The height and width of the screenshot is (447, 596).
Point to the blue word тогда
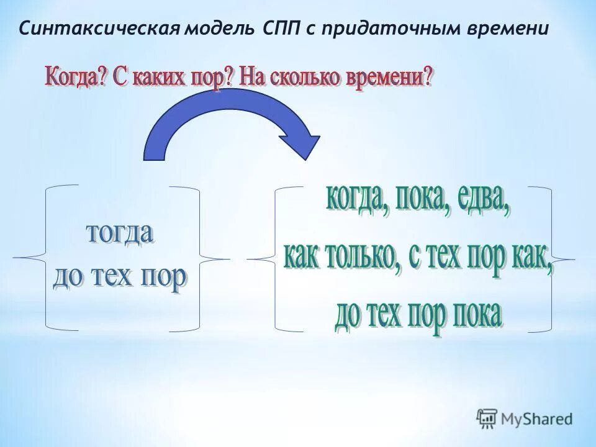pos(120,235)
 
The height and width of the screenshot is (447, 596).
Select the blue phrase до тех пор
pos(120,277)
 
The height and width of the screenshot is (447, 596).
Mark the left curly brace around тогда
pos(37,257)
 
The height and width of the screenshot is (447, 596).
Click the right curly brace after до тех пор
pos(208,257)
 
